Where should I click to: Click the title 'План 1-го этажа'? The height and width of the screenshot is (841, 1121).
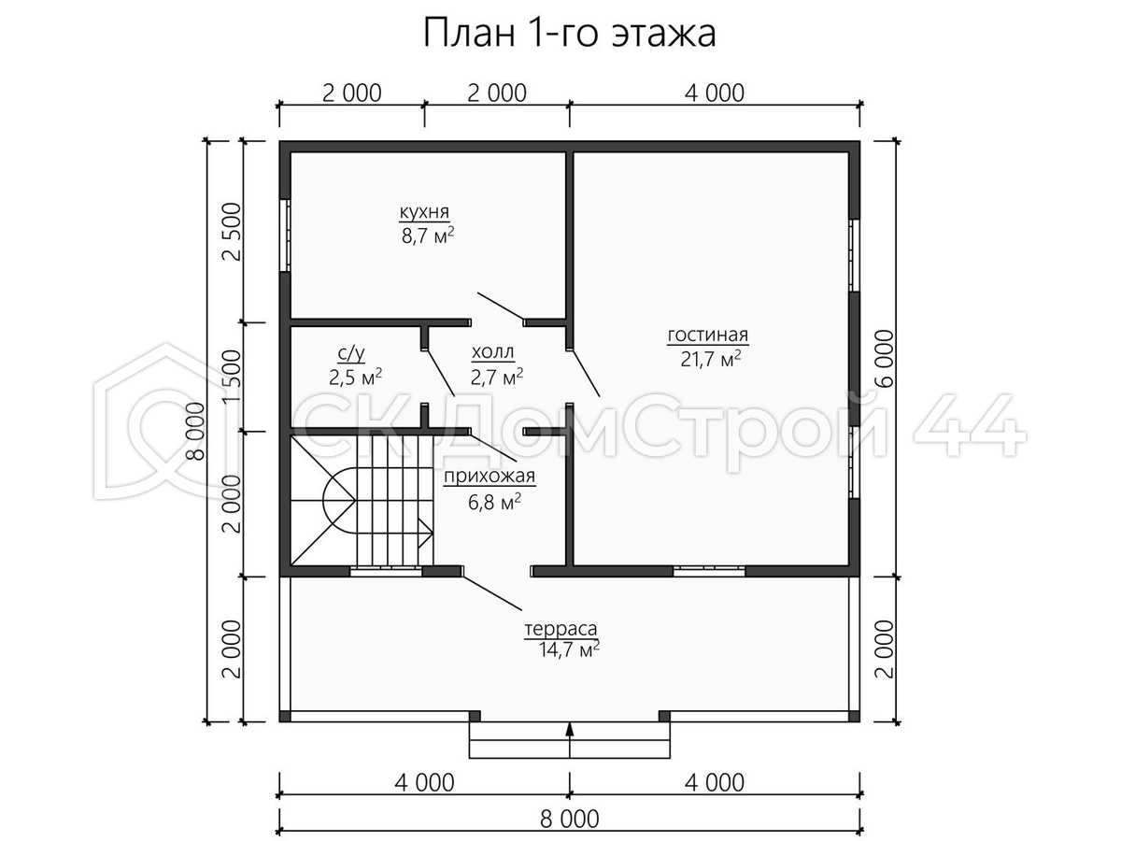[x=570, y=34]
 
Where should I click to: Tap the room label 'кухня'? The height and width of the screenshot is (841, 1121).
[x=424, y=211]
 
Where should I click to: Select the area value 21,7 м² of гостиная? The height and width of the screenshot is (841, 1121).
[x=710, y=359]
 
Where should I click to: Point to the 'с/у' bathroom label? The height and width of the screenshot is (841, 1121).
[x=351, y=353]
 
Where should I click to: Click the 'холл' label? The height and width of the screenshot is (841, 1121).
[x=492, y=352]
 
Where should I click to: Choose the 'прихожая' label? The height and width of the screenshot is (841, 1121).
[x=490, y=477]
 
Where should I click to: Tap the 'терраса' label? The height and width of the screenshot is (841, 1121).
[x=560, y=629]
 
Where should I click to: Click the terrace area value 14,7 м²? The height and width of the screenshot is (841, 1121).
[x=569, y=649]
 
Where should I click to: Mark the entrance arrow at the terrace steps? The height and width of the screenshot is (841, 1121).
[x=570, y=740]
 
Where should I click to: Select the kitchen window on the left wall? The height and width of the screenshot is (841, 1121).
[x=285, y=235]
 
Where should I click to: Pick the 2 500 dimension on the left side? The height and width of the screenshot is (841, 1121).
[x=233, y=232]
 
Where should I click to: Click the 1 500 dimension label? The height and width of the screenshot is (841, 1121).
[x=233, y=377]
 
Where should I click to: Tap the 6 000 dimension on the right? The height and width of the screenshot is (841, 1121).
[x=886, y=359]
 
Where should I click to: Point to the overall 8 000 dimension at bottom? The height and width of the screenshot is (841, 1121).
[x=570, y=820]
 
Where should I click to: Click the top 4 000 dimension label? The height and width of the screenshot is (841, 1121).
[x=715, y=93]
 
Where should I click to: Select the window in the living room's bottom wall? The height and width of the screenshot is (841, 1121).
[x=709, y=571]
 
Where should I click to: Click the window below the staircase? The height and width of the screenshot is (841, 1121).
[x=386, y=571]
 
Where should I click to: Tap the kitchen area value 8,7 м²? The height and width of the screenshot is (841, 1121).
[x=428, y=236]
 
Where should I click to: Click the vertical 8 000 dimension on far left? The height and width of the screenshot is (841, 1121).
[x=195, y=431]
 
